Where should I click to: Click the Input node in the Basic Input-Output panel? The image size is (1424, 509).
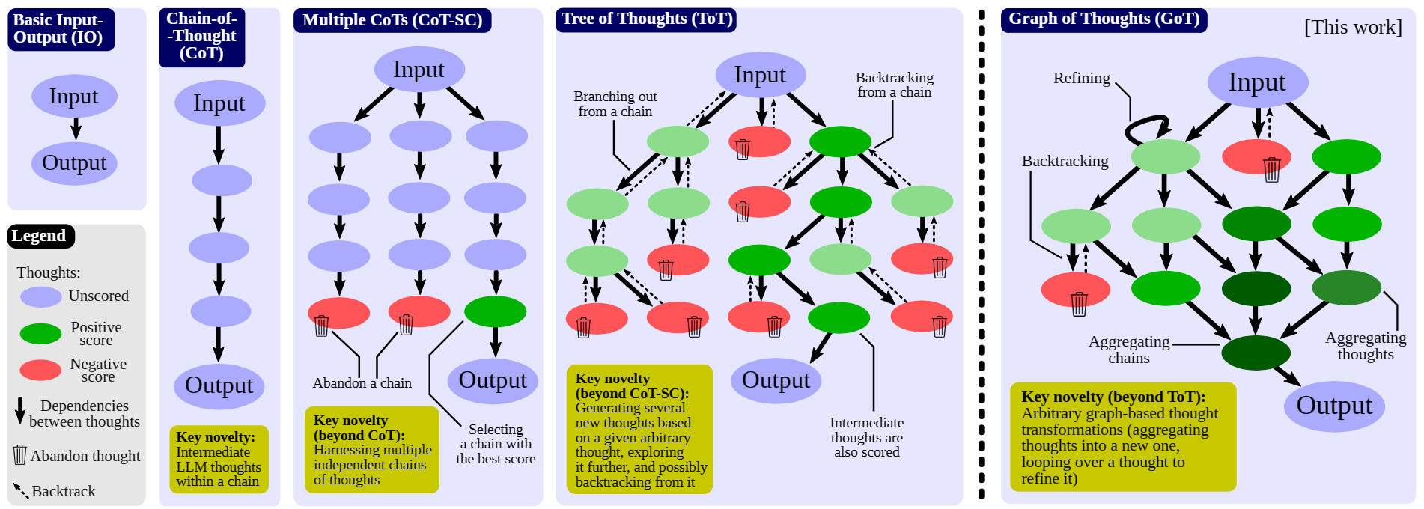74,96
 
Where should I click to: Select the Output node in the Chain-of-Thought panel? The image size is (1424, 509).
219,385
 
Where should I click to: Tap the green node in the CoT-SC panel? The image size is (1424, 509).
495,311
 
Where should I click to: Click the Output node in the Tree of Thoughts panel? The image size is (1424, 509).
776,380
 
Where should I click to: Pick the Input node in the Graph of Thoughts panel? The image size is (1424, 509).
1257,82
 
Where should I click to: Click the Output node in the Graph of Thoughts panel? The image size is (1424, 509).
1334,406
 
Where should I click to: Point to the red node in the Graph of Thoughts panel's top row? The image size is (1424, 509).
1256,156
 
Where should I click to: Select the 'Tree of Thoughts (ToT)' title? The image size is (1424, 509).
646,19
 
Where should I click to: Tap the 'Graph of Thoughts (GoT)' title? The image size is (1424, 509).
1104,19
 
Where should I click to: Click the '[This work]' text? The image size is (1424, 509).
1353,28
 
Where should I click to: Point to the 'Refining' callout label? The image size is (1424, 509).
1081,79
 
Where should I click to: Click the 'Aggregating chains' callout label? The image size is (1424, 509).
1129,350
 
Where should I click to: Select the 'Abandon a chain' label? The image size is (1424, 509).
362,383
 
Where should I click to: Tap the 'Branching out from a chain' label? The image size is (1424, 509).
615,104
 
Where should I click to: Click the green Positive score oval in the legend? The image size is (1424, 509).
40,334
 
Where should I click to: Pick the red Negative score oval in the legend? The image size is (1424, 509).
40,370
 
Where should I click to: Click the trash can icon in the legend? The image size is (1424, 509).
20,454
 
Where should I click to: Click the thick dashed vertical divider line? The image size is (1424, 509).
982,254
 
